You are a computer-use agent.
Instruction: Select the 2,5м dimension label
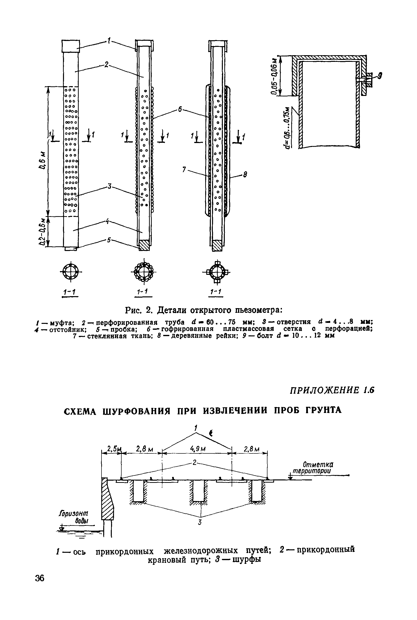113,449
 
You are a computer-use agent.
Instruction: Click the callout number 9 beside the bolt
380,76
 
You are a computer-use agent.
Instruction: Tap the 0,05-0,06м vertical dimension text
274,76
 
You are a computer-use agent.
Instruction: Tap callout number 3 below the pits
200,522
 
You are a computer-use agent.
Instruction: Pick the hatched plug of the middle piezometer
144,245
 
